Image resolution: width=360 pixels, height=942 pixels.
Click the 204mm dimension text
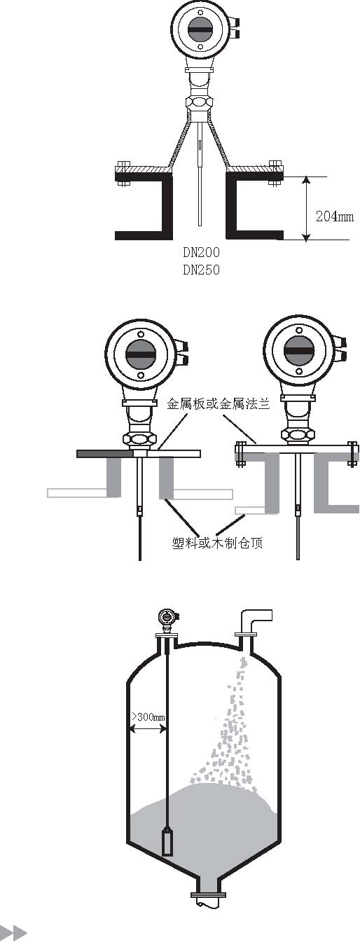click(x=335, y=216)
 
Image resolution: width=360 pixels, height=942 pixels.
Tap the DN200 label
click(x=201, y=252)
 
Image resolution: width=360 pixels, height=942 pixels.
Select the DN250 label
click(x=201, y=270)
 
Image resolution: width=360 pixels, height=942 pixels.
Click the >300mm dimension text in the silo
click(x=148, y=716)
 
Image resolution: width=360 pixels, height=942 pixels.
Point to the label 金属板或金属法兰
click(x=218, y=404)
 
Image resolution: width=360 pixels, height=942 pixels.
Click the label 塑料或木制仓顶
click(x=217, y=543)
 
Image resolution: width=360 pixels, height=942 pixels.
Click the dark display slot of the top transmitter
click(x=200, y=29)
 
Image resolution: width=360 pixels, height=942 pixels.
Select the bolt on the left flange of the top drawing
click(x=122, y=173)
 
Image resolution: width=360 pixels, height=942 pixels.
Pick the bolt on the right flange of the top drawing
click(x=275, y=173)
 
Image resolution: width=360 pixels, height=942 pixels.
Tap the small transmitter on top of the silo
click(x=167, y=618)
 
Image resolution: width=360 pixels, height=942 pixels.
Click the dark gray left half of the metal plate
click(x=105, y=454)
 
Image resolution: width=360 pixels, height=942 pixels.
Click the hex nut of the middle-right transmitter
click(x=298, y=434)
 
